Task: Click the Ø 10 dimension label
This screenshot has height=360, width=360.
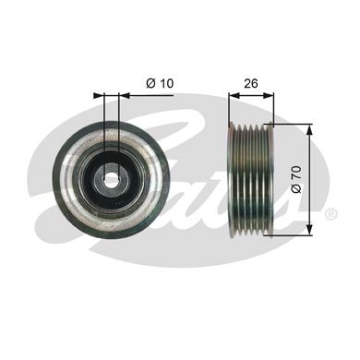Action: (160, 83)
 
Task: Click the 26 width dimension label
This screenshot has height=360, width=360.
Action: (251, 83)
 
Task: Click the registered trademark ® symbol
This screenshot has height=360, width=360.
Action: (331, 213)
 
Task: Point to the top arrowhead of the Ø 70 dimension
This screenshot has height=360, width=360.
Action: (310, 129)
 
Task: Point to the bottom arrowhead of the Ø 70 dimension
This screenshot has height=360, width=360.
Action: (310, 231)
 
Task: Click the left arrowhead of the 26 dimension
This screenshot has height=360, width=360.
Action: (234, 95)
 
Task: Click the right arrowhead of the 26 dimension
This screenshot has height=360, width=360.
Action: (269, 95)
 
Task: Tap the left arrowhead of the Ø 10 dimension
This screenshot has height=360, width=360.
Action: (99, 95)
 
